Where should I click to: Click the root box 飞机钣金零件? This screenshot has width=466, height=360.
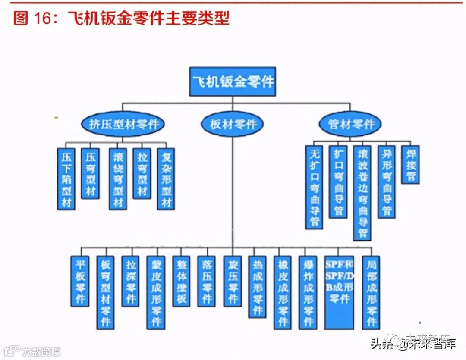point(232,81)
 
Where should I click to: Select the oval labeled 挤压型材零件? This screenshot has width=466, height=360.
point(124,124)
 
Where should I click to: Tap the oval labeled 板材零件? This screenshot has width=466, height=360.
point(233,124)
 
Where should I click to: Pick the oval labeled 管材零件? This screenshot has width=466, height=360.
point(350,124)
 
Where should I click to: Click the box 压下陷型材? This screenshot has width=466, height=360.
point(66,179)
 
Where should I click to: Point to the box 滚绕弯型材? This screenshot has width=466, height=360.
point(118,179)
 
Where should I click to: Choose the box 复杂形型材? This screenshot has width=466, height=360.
point(166,179)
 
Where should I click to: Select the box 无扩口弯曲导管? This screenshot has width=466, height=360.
point(314,187)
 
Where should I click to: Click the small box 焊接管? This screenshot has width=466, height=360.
point(410,165)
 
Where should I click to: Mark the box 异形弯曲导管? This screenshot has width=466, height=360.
point(387,182)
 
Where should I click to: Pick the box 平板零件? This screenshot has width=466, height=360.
point(80,281)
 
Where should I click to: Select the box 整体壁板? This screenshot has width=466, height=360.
point(181,281)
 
